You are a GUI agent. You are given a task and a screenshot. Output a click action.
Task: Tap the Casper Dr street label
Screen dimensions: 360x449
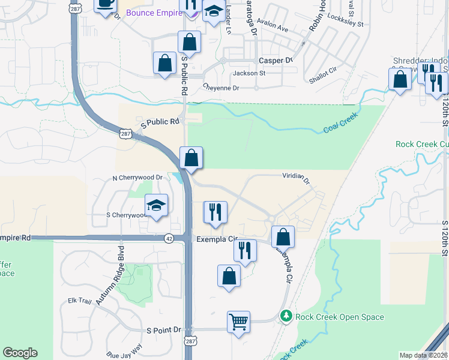pos(275,60)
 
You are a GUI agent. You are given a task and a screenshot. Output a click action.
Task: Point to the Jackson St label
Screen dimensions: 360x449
pos(249,73)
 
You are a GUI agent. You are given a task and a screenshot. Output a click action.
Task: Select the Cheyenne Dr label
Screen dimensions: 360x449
pos(221,88)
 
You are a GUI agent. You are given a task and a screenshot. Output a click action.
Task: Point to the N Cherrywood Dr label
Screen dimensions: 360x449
pos(137,178)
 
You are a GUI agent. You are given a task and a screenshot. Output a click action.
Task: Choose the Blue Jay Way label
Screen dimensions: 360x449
pos(124,350)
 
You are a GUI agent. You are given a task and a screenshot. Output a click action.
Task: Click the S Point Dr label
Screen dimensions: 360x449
pos(163,330)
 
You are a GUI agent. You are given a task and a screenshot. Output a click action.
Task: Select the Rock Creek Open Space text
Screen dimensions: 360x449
pos(340,317)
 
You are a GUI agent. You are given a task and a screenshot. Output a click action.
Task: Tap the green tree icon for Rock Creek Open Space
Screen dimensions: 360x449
pos(287,316)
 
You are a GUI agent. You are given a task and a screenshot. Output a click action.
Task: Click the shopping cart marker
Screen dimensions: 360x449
pos(238,322)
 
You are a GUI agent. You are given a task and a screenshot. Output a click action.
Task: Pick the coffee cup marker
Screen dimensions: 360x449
pos(106,4)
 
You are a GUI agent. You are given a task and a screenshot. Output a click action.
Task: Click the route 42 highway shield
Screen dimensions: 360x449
pos(170,238)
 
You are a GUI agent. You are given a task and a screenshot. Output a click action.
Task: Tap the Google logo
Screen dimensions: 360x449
pos(20,353)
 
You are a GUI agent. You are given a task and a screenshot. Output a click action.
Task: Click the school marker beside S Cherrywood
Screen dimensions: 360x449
pos(156,207)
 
